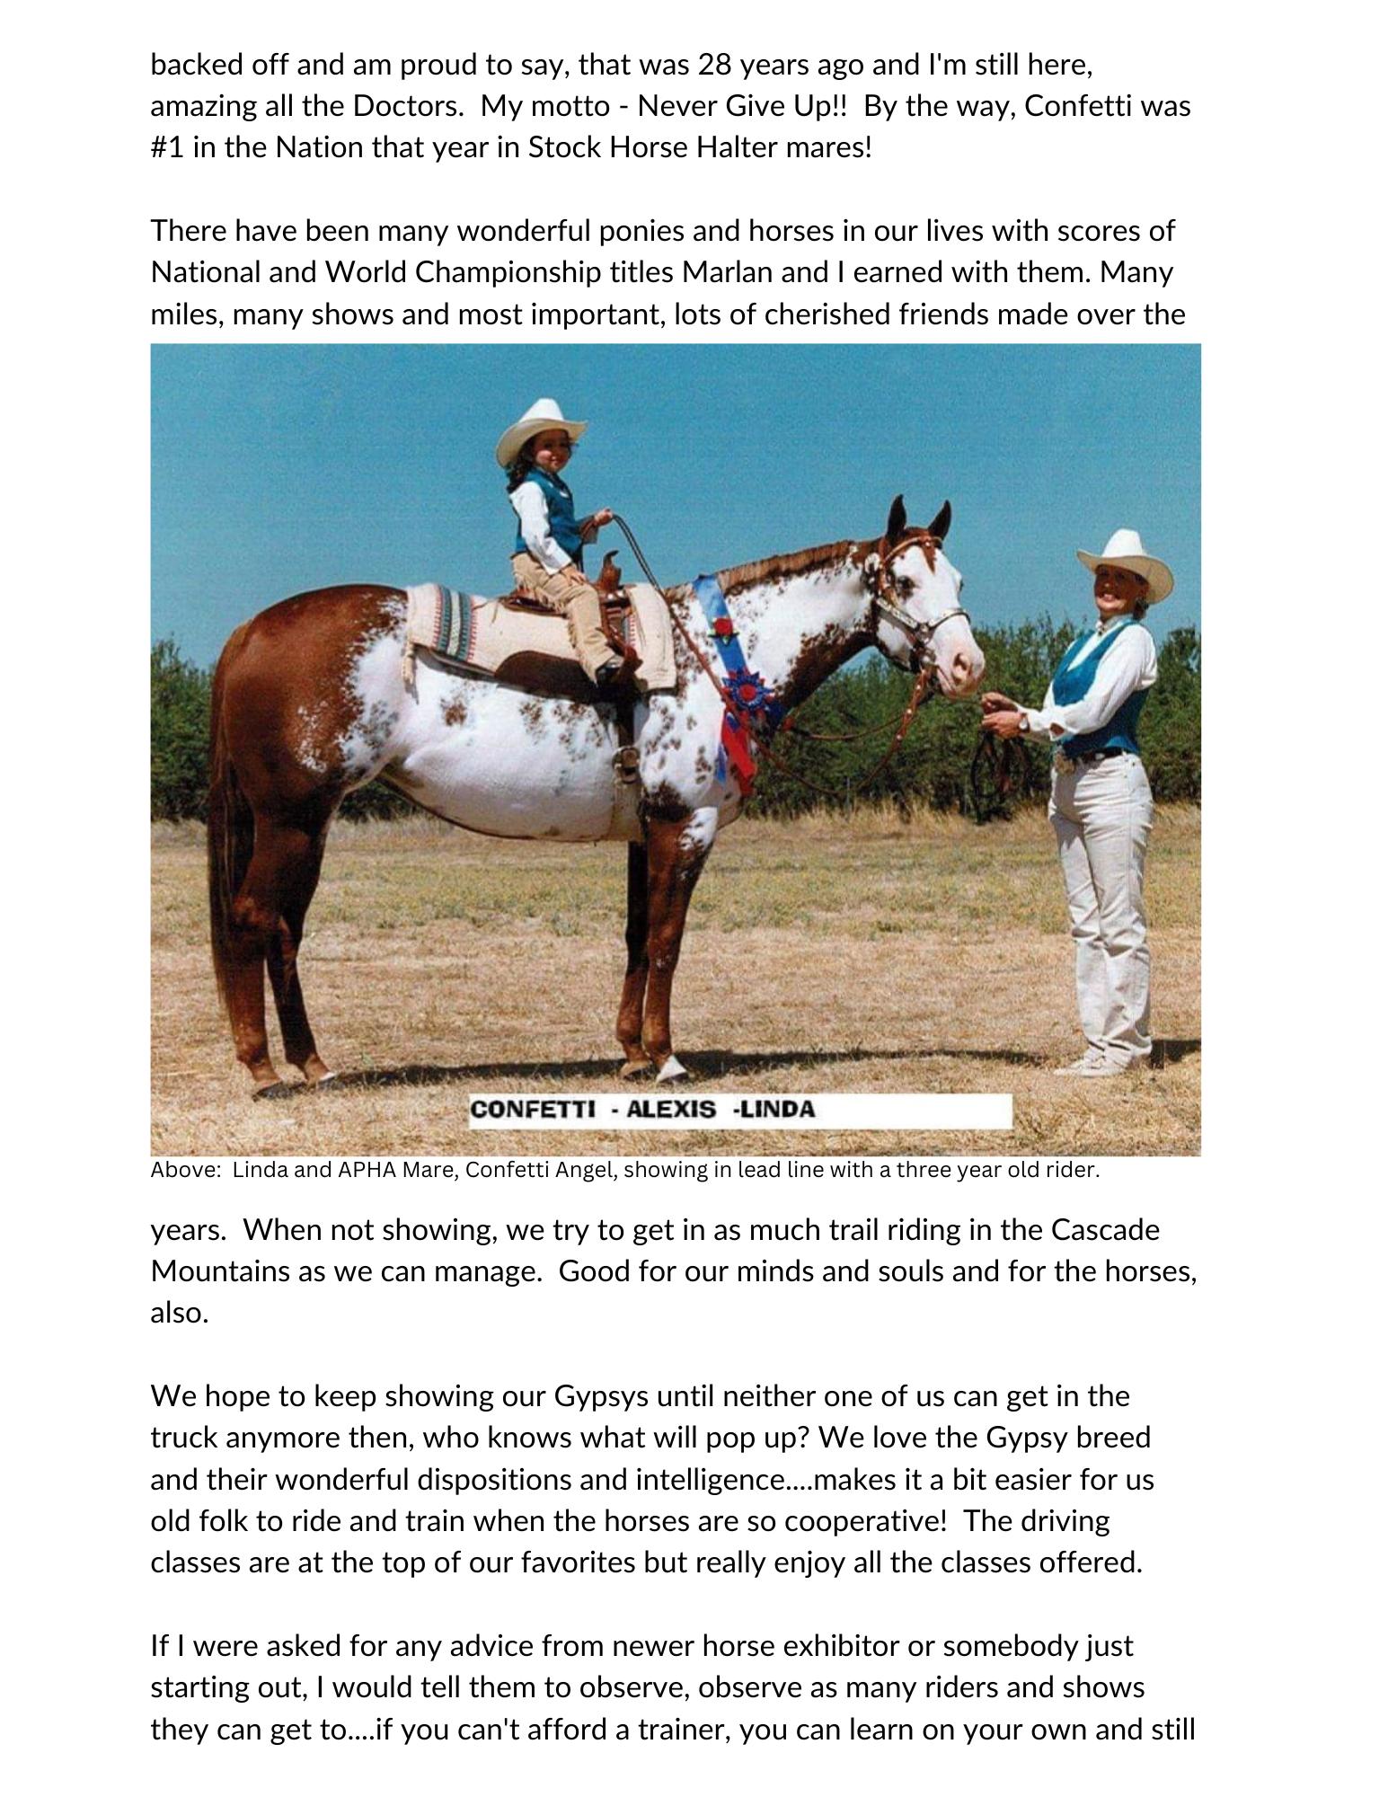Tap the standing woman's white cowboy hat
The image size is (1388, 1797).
pyautogui.click(x=1125, y=557)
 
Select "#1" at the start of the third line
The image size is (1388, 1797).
pyautogui.click(x=166, y=147)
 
